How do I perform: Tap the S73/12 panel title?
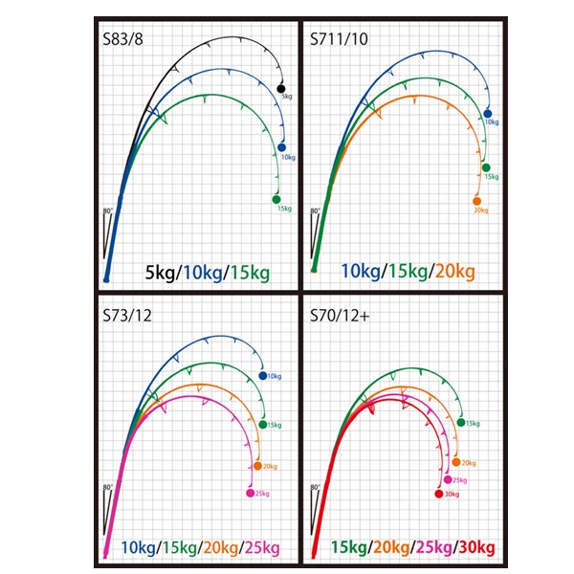(x=129, y=318)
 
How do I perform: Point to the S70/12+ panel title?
(x=341, y=318)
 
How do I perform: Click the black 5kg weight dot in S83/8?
(x=281, y=89)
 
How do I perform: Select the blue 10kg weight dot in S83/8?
(x=283, y=146)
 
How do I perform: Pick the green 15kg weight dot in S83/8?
(x=276, y=198)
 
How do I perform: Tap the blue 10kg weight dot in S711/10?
(x=488, y=114)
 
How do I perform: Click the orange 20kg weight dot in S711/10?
(x=477, y=200)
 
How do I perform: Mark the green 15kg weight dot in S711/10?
(x=486, y=167)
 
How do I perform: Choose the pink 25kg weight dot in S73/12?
(x=251, y=493)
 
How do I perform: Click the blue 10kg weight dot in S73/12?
(x=264, y=376)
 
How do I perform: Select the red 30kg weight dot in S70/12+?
(x=439, y=494)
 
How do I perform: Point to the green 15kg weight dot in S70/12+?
(x=462, y=423)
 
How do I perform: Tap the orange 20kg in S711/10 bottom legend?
(x=453, y=273)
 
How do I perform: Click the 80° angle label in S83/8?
(x=108, y=210)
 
